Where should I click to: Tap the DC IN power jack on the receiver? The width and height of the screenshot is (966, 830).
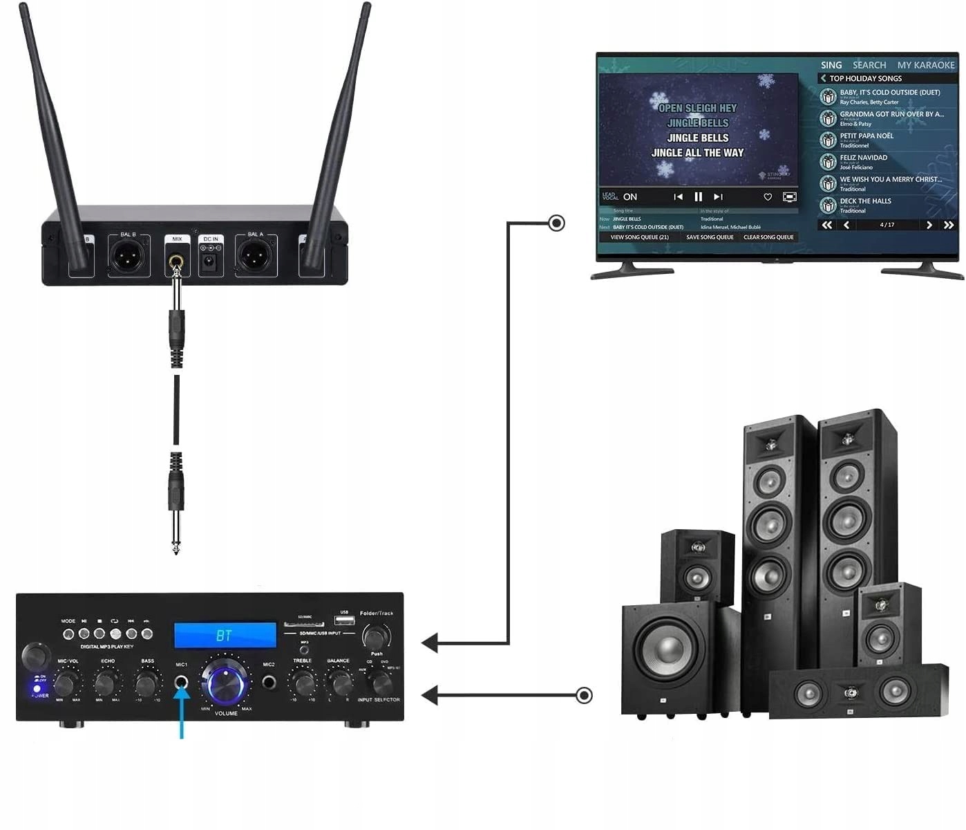click(x=210, y=261)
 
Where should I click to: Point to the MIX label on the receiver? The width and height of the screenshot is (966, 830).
click(x=177, y=239)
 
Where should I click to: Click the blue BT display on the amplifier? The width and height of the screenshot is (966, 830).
click(x=225, y=635)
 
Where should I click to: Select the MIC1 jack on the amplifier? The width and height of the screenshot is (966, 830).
click(x=182, y=683)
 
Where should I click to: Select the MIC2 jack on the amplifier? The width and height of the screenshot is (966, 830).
click(x=269, y=683)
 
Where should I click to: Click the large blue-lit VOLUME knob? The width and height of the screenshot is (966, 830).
click(x=225, y=682)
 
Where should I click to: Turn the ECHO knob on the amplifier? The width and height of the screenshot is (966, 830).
click(x=105, y=684)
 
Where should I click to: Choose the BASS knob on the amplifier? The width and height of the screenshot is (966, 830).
click(x=146, y=684)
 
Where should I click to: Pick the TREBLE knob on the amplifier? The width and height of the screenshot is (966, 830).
click(x=303, y=683)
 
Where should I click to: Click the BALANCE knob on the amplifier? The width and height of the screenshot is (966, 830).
click(x=339, y=683)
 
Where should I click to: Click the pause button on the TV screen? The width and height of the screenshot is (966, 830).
click(x=698, y=197)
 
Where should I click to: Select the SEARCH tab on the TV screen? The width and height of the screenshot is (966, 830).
click(x=869, y=65)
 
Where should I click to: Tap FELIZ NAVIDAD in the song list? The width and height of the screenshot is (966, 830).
click(x=863, y=158)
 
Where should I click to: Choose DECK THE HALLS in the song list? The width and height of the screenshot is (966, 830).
click(x=865, y=202)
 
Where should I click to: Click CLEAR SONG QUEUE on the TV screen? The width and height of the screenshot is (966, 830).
click(x=768, y=237)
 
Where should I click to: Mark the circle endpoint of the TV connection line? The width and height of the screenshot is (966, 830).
click(x=556, y=223)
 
